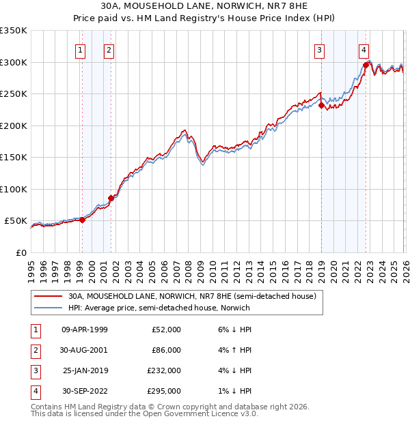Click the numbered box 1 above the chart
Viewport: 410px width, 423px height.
coord(81,49)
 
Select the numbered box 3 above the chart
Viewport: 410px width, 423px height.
coord(319,49)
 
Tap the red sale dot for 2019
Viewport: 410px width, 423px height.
coord(321,105)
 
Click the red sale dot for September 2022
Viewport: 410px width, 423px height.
coord(366,65)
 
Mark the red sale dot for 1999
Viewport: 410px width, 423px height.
coord(82,220)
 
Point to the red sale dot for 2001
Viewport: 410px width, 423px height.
coord(111,198)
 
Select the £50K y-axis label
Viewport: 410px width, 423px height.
coord(16,221)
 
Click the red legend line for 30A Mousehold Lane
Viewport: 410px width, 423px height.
coord(48,297)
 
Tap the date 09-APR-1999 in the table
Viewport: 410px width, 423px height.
coord(85,330)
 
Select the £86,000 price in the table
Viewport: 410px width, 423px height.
coord(166,350)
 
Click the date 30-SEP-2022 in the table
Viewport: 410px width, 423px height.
coord(85,391)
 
